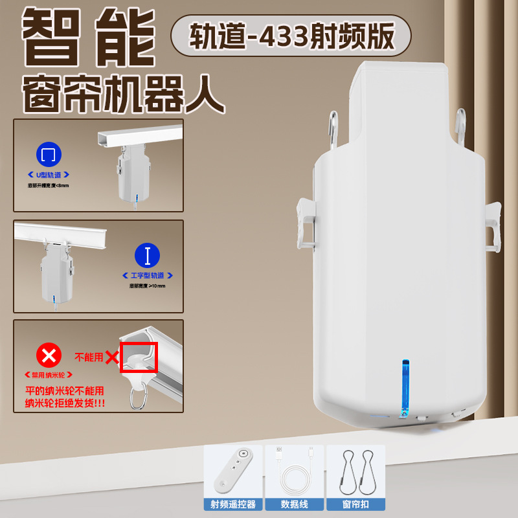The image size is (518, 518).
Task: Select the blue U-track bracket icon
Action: (x=49, y=156)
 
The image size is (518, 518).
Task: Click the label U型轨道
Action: (x=49, y=175)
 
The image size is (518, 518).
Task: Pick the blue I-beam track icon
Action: (x=148, y=256)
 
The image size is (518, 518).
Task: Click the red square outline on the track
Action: (x=139, y=357)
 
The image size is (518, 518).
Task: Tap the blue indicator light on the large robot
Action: (x=405, y=382)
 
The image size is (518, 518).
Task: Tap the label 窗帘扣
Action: (x=355, y=503)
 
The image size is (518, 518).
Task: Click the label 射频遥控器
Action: (x=234, y=503)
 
